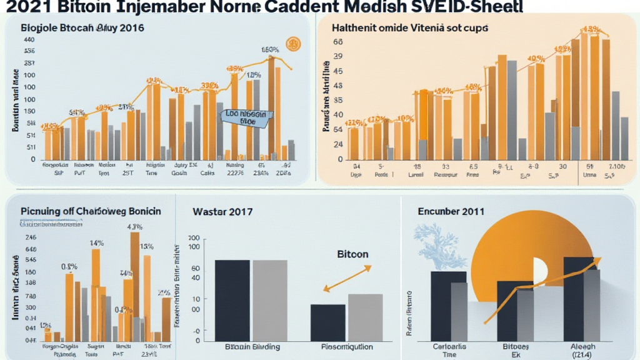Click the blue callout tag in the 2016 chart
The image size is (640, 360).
tap(244, 119)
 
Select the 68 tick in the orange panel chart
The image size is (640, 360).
tap(338, 42)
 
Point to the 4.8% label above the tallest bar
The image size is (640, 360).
tap(135, 227)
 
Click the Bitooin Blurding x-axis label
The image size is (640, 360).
tap(247, 346)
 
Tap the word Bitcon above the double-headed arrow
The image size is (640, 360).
tap(352, 254)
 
